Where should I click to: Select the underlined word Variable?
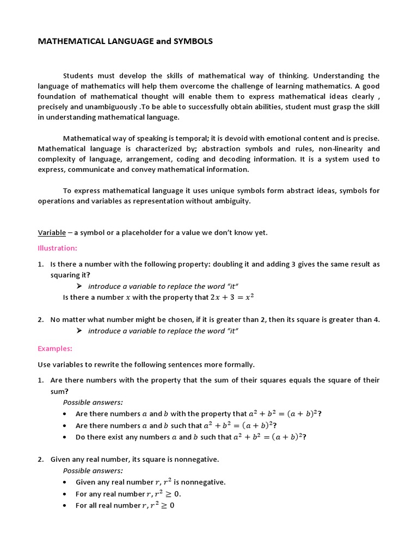(52, 233)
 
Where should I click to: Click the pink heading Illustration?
(58, 248)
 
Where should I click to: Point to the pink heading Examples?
(55, 349)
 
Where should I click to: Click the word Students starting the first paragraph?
(79, 76)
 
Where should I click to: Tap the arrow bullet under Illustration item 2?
(79, 331)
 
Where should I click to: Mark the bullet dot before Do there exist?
(65, 437)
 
